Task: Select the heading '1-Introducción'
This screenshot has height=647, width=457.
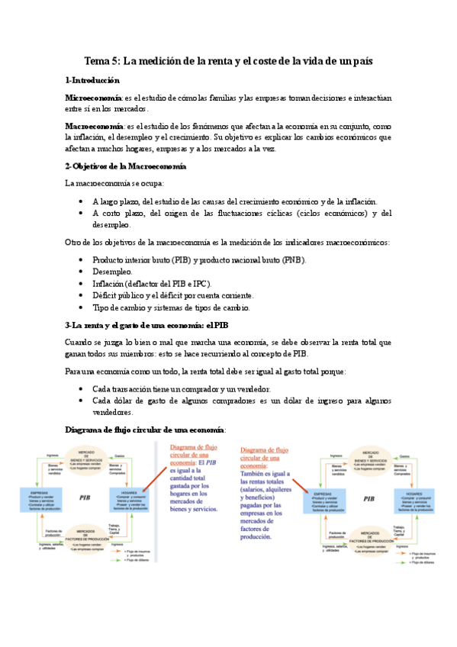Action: [x=93, y=80]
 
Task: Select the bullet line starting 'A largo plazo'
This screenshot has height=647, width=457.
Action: [x=234, y=201]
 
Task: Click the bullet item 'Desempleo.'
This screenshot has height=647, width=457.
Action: [x=112, y=272]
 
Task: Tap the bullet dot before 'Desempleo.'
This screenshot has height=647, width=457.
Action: [x=82, y=272]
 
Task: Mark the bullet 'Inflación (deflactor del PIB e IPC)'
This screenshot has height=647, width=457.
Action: [x=151, y=284]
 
